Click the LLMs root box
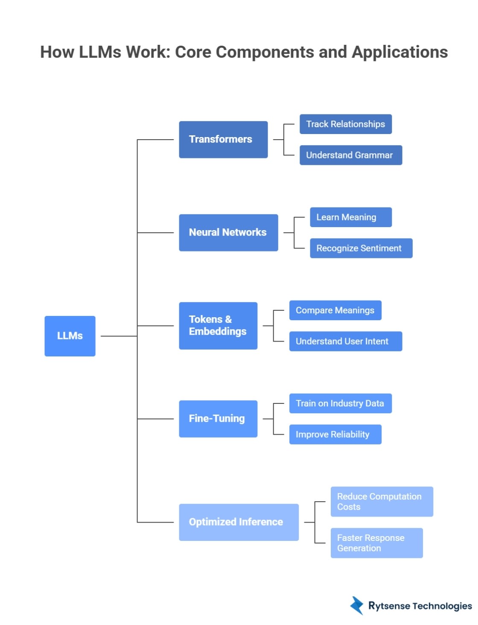click(x=70, y=336)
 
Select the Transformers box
click(x=223, y=140)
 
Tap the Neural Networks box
click(x=228, y=233)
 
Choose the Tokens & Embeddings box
click(x=218, y=326)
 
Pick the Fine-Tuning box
click(x=218, y=419)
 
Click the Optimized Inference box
click(x=239, y=522)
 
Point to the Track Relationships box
click(x=345, y=124)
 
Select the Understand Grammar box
click(x=350, y=155)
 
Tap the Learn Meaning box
click(x=350, y=217)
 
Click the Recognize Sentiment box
click(x=361, y=248)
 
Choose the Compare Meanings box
click(x=335, y=310)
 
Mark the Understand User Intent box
click(x=345, y=342)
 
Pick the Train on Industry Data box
click(x=340, y=403)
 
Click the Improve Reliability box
click(x=335, y=435)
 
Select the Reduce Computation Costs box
click(x=382, y=502)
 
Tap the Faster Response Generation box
click(x=376, y=543)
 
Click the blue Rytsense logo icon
click(x=357, y=605)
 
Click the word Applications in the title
click(x=399, y=52)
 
